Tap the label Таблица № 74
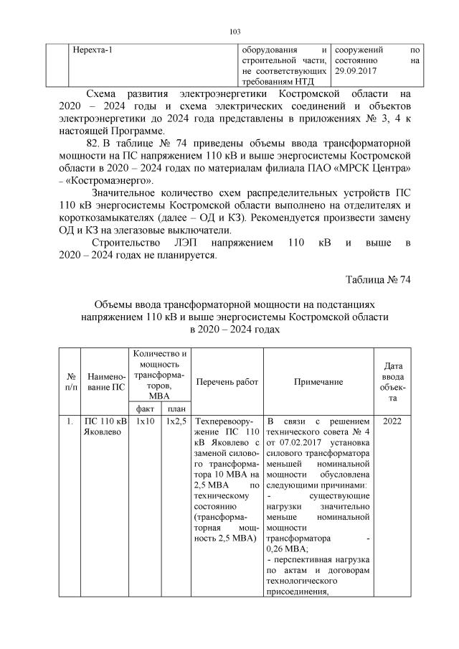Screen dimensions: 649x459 tap(377, 279)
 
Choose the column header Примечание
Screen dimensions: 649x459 tap(318, 382)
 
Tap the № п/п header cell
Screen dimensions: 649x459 tap(71, 382)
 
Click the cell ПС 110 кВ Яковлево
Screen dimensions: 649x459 tap(105, 426)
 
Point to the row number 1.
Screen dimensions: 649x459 tap(70, 421)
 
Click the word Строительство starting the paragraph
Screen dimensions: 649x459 tap(130, 243)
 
